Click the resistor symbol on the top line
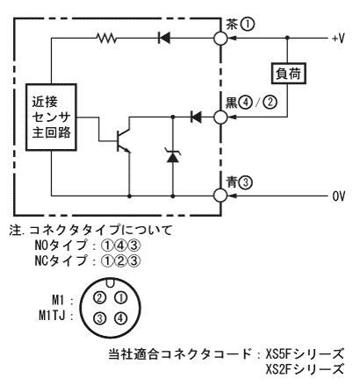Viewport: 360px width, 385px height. click(106, 38)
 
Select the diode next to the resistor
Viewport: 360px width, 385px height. click(164, 38)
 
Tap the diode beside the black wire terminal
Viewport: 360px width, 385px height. click(196, 118)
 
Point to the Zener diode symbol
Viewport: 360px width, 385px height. click(173, 155)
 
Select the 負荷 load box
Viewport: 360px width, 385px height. click(288, 74)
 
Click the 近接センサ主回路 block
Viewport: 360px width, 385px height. click(51, 118)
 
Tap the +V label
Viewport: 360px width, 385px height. click(338, 39)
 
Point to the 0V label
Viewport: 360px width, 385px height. click(339, 196)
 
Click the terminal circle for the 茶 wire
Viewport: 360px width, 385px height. click(220, 38)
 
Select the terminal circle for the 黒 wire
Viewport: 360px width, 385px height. click(220, 118)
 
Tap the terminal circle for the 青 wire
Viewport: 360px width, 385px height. click(220, 195)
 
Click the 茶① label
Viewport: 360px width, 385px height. click(240, 25)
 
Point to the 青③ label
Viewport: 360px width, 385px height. click(240, 182)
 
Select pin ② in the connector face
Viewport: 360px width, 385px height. click(99, 298)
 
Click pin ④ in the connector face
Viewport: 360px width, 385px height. click(120, 318)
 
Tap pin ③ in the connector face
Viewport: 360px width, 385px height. click(99, 318)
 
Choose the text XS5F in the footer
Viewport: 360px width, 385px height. click(278, 354)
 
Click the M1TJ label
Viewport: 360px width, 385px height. click(52, 316)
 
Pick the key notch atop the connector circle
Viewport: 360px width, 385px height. click(111, 282)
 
